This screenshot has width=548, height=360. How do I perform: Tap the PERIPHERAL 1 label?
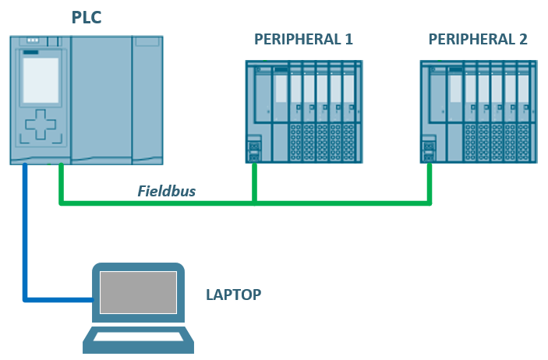303,39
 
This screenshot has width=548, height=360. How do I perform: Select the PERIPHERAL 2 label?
478,39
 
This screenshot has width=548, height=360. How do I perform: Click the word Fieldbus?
168,190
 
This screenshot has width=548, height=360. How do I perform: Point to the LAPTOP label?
233,295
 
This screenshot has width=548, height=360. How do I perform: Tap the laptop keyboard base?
139,341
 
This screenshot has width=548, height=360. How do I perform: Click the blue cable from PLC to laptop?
26,234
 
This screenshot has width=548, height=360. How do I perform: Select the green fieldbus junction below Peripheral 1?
254,203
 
